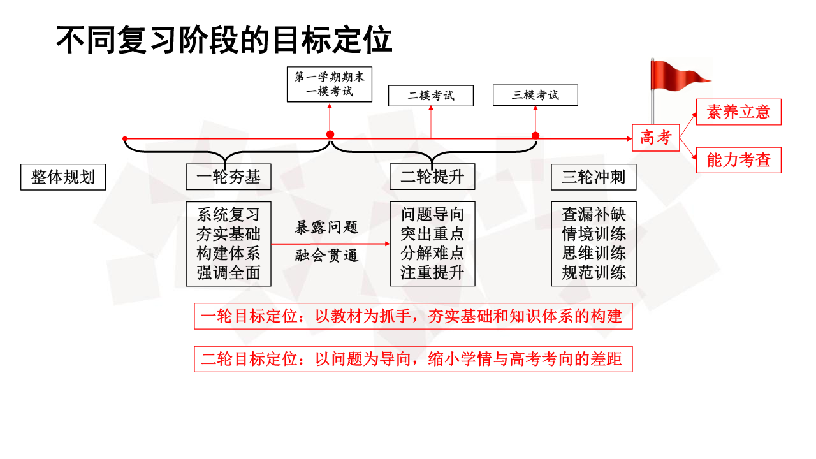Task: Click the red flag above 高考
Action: pos(678,76)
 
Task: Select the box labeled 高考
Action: pos(656,138)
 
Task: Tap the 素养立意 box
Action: pos(738,112)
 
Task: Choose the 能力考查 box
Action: pos(738,160)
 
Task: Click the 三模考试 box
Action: pos(535,95)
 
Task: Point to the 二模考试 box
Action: pos(431,96)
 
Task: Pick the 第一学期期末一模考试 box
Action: pos(330,84)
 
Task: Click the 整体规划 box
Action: pos(63,177)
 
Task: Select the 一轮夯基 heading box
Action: pos(228,177)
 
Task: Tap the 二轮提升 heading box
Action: pos(432,177)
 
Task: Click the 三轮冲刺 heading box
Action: pos(594,177)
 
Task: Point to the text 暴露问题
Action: pos(326,228)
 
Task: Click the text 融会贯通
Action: pos(326,256)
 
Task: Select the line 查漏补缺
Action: pos(594,214)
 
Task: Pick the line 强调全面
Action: pos(228,272)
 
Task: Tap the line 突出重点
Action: pos(432,233)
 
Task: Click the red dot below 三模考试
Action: pos(535,136)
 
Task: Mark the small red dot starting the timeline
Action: pos(125,138)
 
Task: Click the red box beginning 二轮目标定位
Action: pos(413,359)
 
